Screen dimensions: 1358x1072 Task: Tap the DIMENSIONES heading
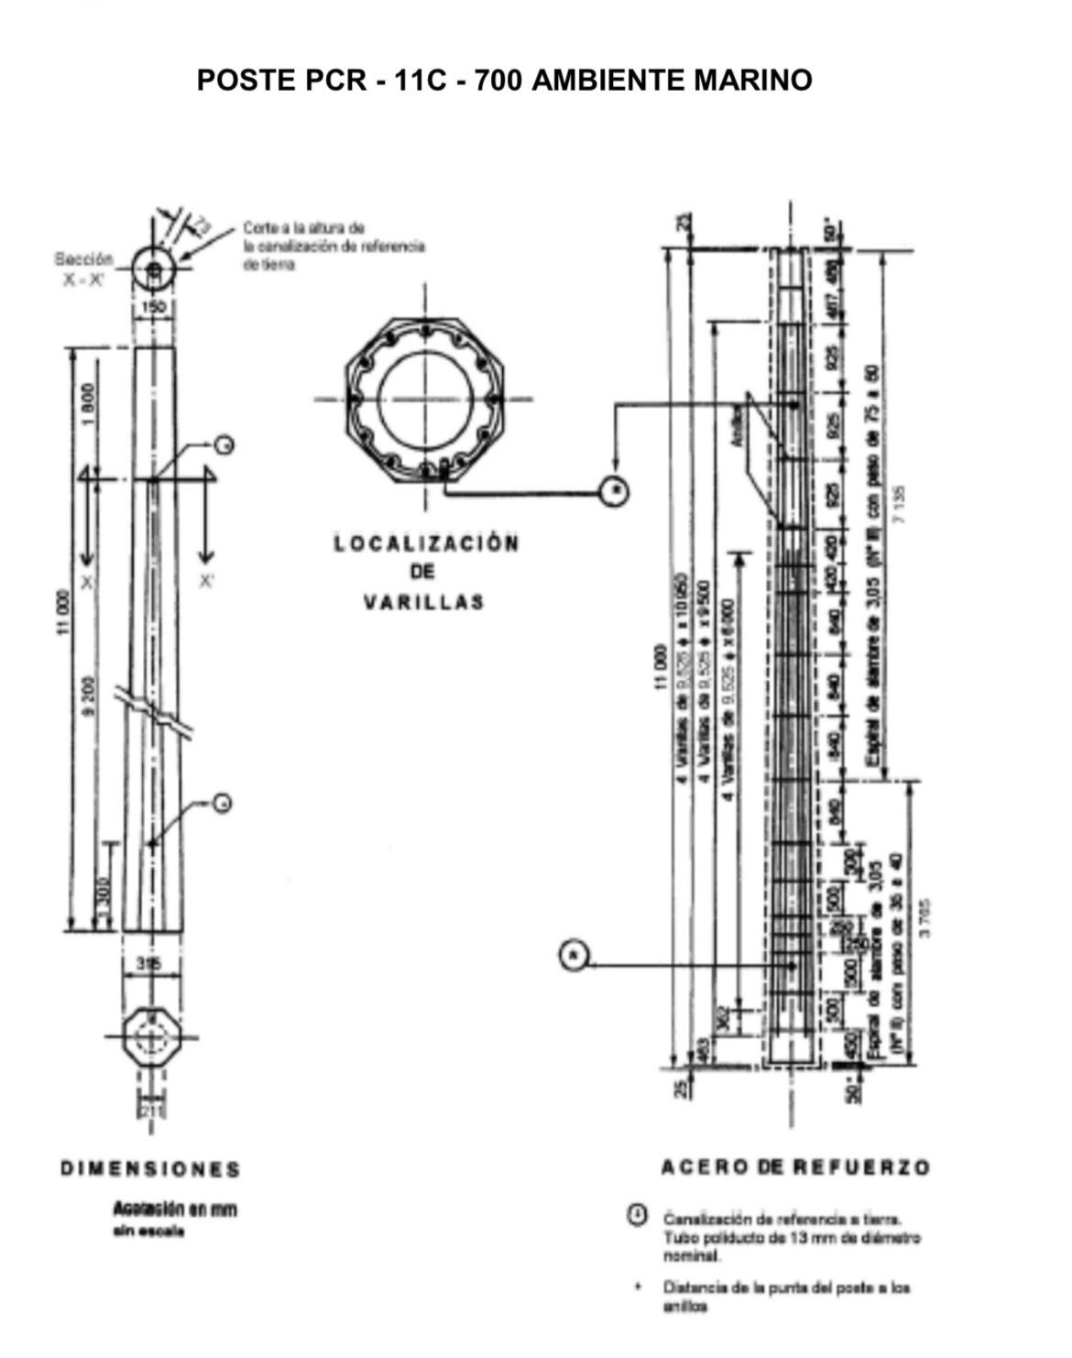pos(150,1169)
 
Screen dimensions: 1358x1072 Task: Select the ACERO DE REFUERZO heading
pos(794,1167)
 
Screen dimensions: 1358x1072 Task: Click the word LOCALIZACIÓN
pos(426,543)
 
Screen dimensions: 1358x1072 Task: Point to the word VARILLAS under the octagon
pos(423,603)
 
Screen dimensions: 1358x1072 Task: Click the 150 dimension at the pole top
pos(153,308)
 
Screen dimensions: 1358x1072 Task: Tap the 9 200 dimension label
pos(88,699)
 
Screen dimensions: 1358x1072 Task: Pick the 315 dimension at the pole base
pos(147,963)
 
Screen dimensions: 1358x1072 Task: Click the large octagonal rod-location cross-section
pos(424,400)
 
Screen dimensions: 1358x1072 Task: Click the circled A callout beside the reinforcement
pos(574,956)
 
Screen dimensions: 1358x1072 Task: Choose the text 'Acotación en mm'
pos(175,1210)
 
